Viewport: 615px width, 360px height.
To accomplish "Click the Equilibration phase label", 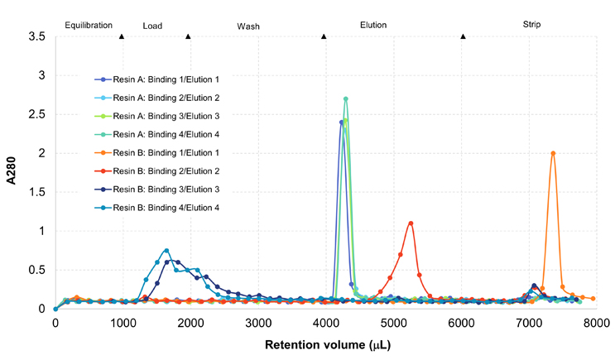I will tap(89, 26).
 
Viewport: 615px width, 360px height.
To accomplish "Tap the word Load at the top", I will tap(152, 26).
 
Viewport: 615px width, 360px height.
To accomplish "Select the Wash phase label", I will tap(248, 26).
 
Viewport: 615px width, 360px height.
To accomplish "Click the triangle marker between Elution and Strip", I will tap(463, 36).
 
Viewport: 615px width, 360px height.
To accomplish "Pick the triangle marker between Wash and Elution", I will tap(324, 36).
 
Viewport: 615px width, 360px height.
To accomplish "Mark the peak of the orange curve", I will tap(553, 153).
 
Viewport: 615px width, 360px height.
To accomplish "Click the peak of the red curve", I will tap(411, 223).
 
